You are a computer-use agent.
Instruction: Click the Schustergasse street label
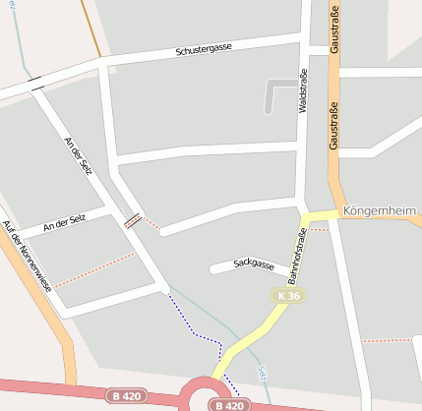204,48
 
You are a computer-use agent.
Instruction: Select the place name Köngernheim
383,210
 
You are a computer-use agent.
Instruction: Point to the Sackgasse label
253,264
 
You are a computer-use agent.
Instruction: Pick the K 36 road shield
288,295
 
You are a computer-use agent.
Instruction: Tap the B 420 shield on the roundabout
227,404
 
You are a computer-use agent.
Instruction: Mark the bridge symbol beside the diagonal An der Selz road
132,219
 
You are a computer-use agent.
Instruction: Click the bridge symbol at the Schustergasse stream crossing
36,84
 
